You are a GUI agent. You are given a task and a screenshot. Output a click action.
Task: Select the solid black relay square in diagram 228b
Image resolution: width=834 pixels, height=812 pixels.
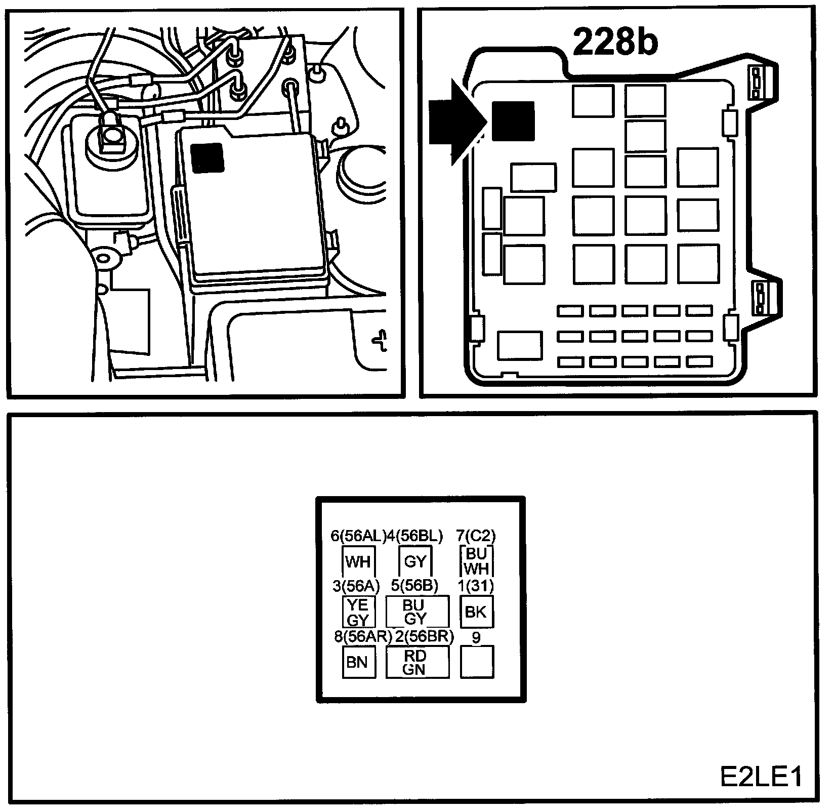point(513,121)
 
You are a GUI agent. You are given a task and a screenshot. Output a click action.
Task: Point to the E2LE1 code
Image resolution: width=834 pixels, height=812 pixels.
point(762,777)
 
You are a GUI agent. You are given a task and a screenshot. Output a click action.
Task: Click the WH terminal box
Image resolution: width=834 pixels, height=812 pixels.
point(358,561)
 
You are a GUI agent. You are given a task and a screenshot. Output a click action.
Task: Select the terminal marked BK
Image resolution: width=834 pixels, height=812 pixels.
point(476,612)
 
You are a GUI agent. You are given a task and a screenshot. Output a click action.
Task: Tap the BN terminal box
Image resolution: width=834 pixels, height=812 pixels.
point(358,662)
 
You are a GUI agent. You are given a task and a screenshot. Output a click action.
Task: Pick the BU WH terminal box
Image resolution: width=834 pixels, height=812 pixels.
point(476,561)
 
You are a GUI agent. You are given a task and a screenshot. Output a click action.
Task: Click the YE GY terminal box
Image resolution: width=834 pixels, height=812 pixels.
point(358,612)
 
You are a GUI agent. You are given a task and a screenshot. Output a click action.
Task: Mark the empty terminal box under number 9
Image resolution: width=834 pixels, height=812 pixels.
point(476,662)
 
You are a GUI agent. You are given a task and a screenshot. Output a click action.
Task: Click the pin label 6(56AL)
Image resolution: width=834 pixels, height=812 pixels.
point(358,536)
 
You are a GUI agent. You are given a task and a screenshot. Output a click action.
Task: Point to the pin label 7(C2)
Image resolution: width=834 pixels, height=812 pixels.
point(476,536)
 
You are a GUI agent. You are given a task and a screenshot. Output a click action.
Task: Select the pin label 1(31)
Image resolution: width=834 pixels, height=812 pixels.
point(476,586)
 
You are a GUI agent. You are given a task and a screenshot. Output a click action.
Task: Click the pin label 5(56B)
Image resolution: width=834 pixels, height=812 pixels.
point(415,586)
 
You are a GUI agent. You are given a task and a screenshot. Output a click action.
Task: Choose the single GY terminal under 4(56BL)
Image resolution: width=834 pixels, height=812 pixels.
point(415,561)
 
